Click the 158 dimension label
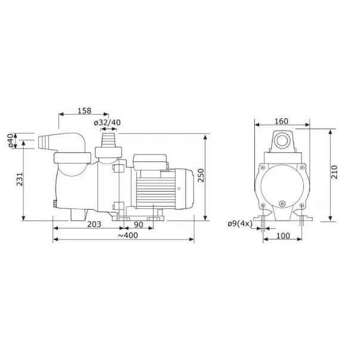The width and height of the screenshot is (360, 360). (x=84, y=110)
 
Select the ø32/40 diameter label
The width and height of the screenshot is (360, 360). (x=107, y=122)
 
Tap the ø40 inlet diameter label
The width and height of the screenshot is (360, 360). (x=11, y=140)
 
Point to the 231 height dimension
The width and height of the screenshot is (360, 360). (x=20, y=179)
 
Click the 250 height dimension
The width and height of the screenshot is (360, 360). (x=201, y=175)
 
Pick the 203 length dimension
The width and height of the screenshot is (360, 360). (x=94, y=224)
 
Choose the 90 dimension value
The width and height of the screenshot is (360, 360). (x=139, y=224)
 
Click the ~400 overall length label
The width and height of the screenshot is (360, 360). (x=128, y=235)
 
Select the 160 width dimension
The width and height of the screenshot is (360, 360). (x=281, y=121)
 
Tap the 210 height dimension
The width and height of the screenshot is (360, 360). (x=334, y=172)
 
